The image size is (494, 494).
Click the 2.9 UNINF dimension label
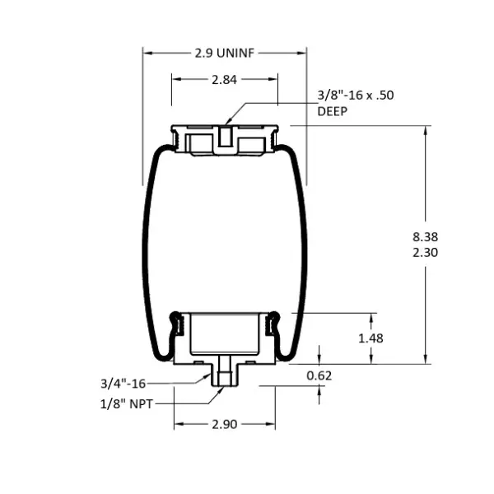point(225,53)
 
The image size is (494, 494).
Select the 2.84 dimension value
point(224,80)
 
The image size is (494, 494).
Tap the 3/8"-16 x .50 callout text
point(356,96)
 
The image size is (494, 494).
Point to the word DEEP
point(333,111)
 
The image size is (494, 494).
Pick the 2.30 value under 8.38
point(426,253)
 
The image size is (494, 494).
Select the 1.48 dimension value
point(372,338)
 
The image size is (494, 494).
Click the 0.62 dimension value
point(319,375)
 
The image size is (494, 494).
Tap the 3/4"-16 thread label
point(123,383)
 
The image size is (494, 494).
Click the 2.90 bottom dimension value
point(224,425)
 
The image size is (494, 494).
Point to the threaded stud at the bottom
point(224,375)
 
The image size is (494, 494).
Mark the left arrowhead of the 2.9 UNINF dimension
point(147,52)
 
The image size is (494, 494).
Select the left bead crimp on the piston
point(175,329)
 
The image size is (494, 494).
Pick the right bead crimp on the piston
point(273,329)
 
